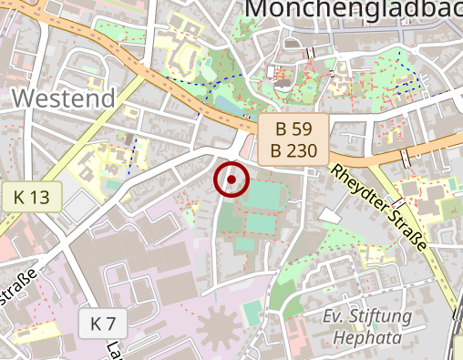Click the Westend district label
tap(66, 98)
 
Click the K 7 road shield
tap(103, 323)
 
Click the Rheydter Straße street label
tap(379, 207)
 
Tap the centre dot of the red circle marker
tap(231, 180)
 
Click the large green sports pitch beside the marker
tap(265, 195)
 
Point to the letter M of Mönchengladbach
tap(260, 9)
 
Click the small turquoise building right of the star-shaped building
tap(252, 314)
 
